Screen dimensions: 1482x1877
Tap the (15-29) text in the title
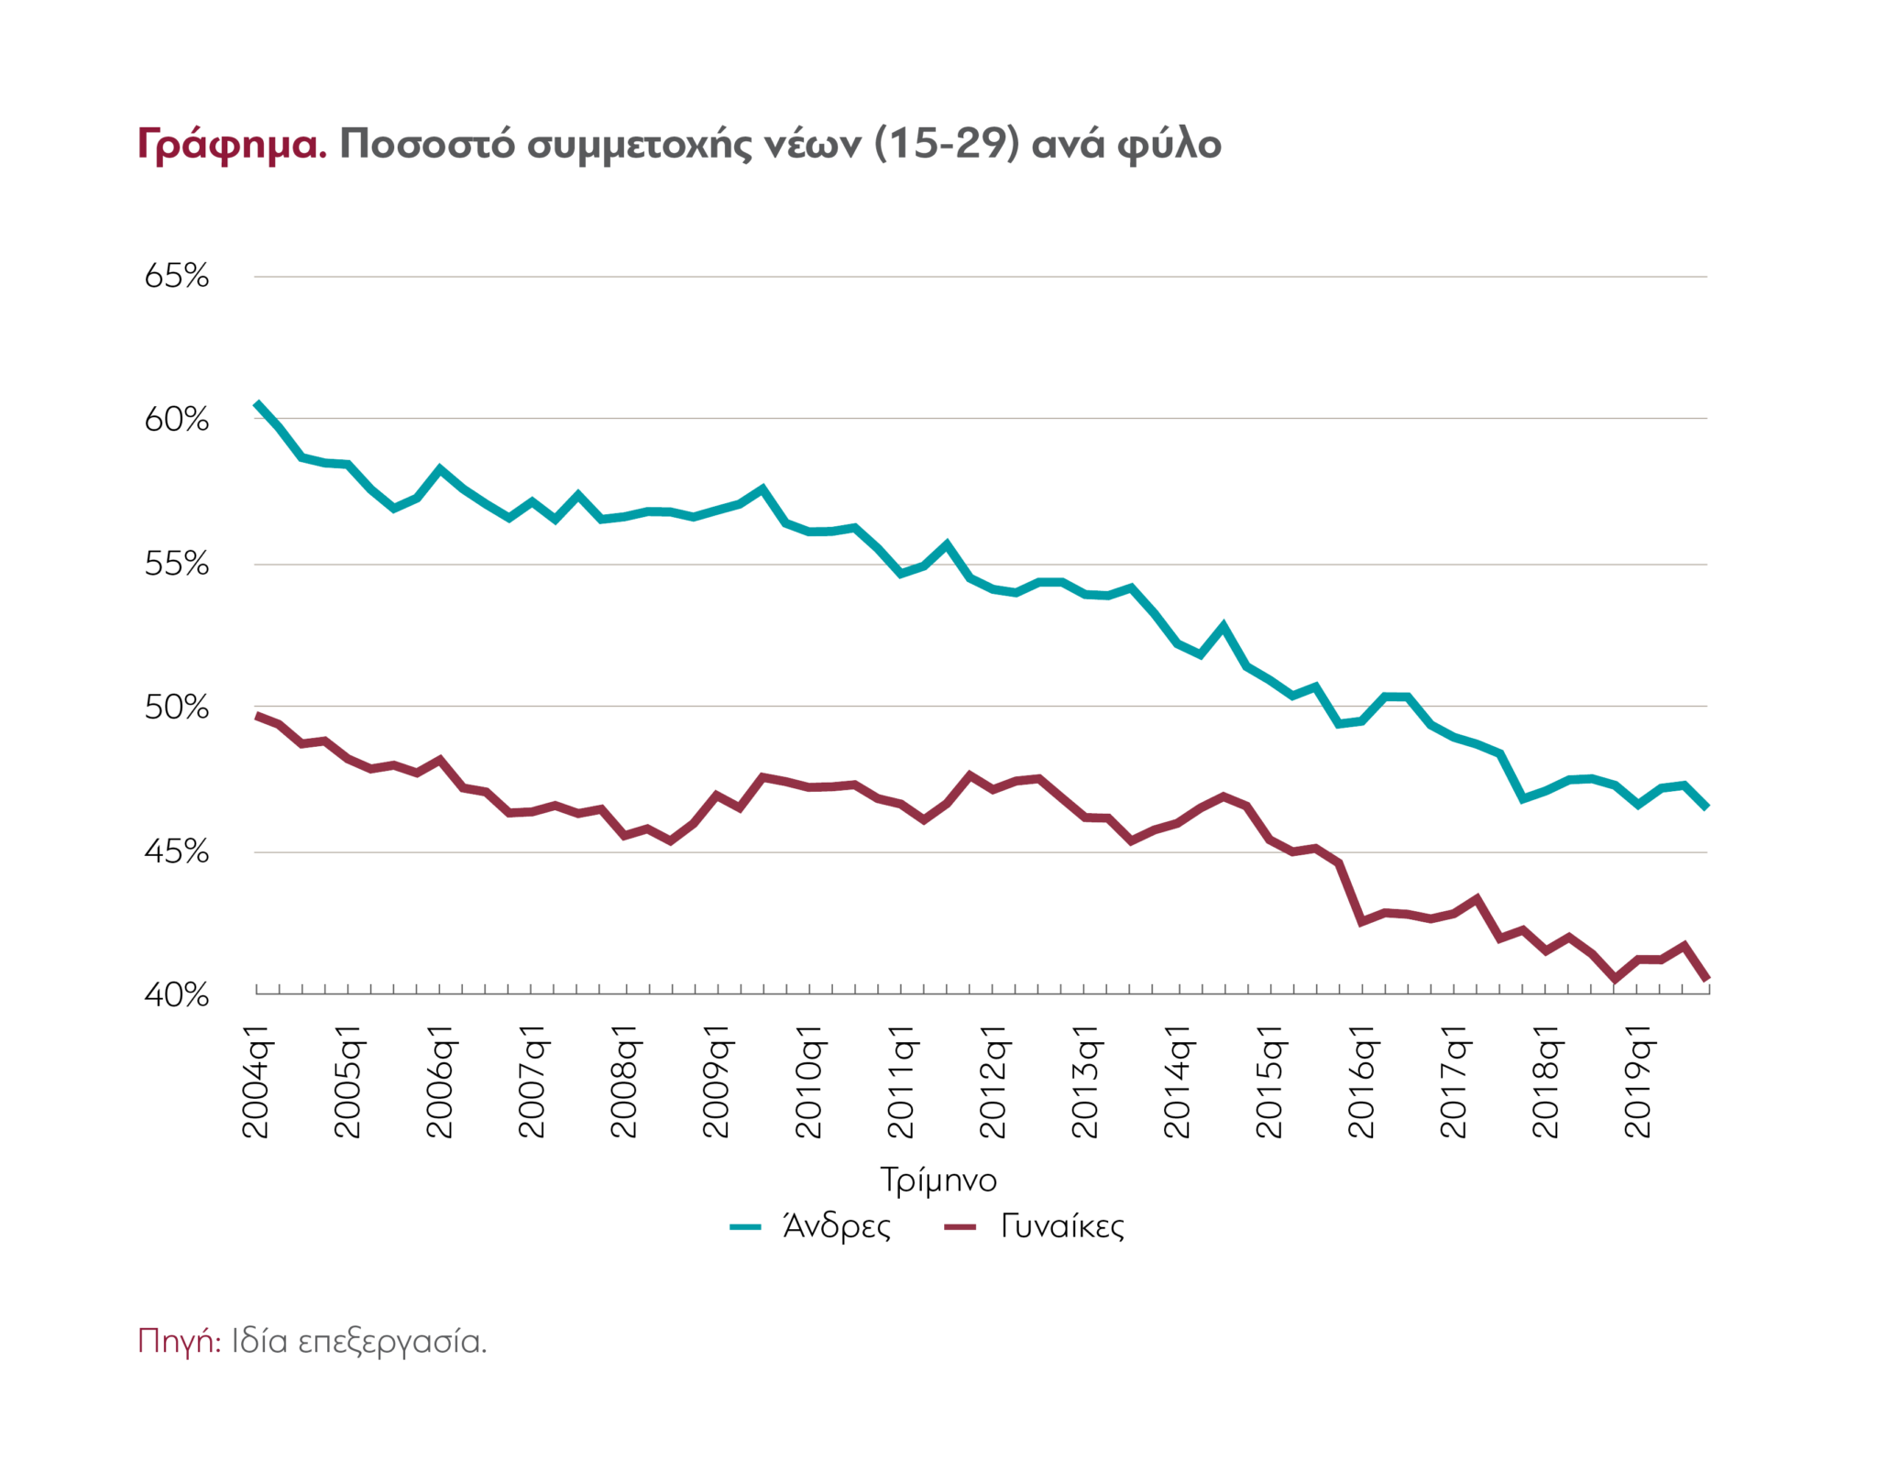pyautogui.click(x=947, y=144)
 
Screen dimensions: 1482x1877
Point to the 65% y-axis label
pyautogui.click(x=177, y=276)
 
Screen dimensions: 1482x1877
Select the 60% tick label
pyautogui.click(x=177, y=420)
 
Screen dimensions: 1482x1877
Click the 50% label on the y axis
pyautogui.click(x=177, y=708)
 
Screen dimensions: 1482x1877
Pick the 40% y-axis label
pyautogui.click(x=177, y=994)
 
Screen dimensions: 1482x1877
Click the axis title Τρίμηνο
pyautogui.click(x=938, y=1180)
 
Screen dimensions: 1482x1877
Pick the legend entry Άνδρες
pyautogui.click(x=836, y=1226)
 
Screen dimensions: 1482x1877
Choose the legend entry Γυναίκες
pyautogui.click(x=1061, y=1226)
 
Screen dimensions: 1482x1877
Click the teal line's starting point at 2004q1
pyautogui.click(x=258, y=403)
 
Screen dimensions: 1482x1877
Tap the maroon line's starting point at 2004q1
pyautogui.click(x=258, y=716)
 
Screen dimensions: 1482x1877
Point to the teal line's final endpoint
pyautogui.click(x=1707, y=807)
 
